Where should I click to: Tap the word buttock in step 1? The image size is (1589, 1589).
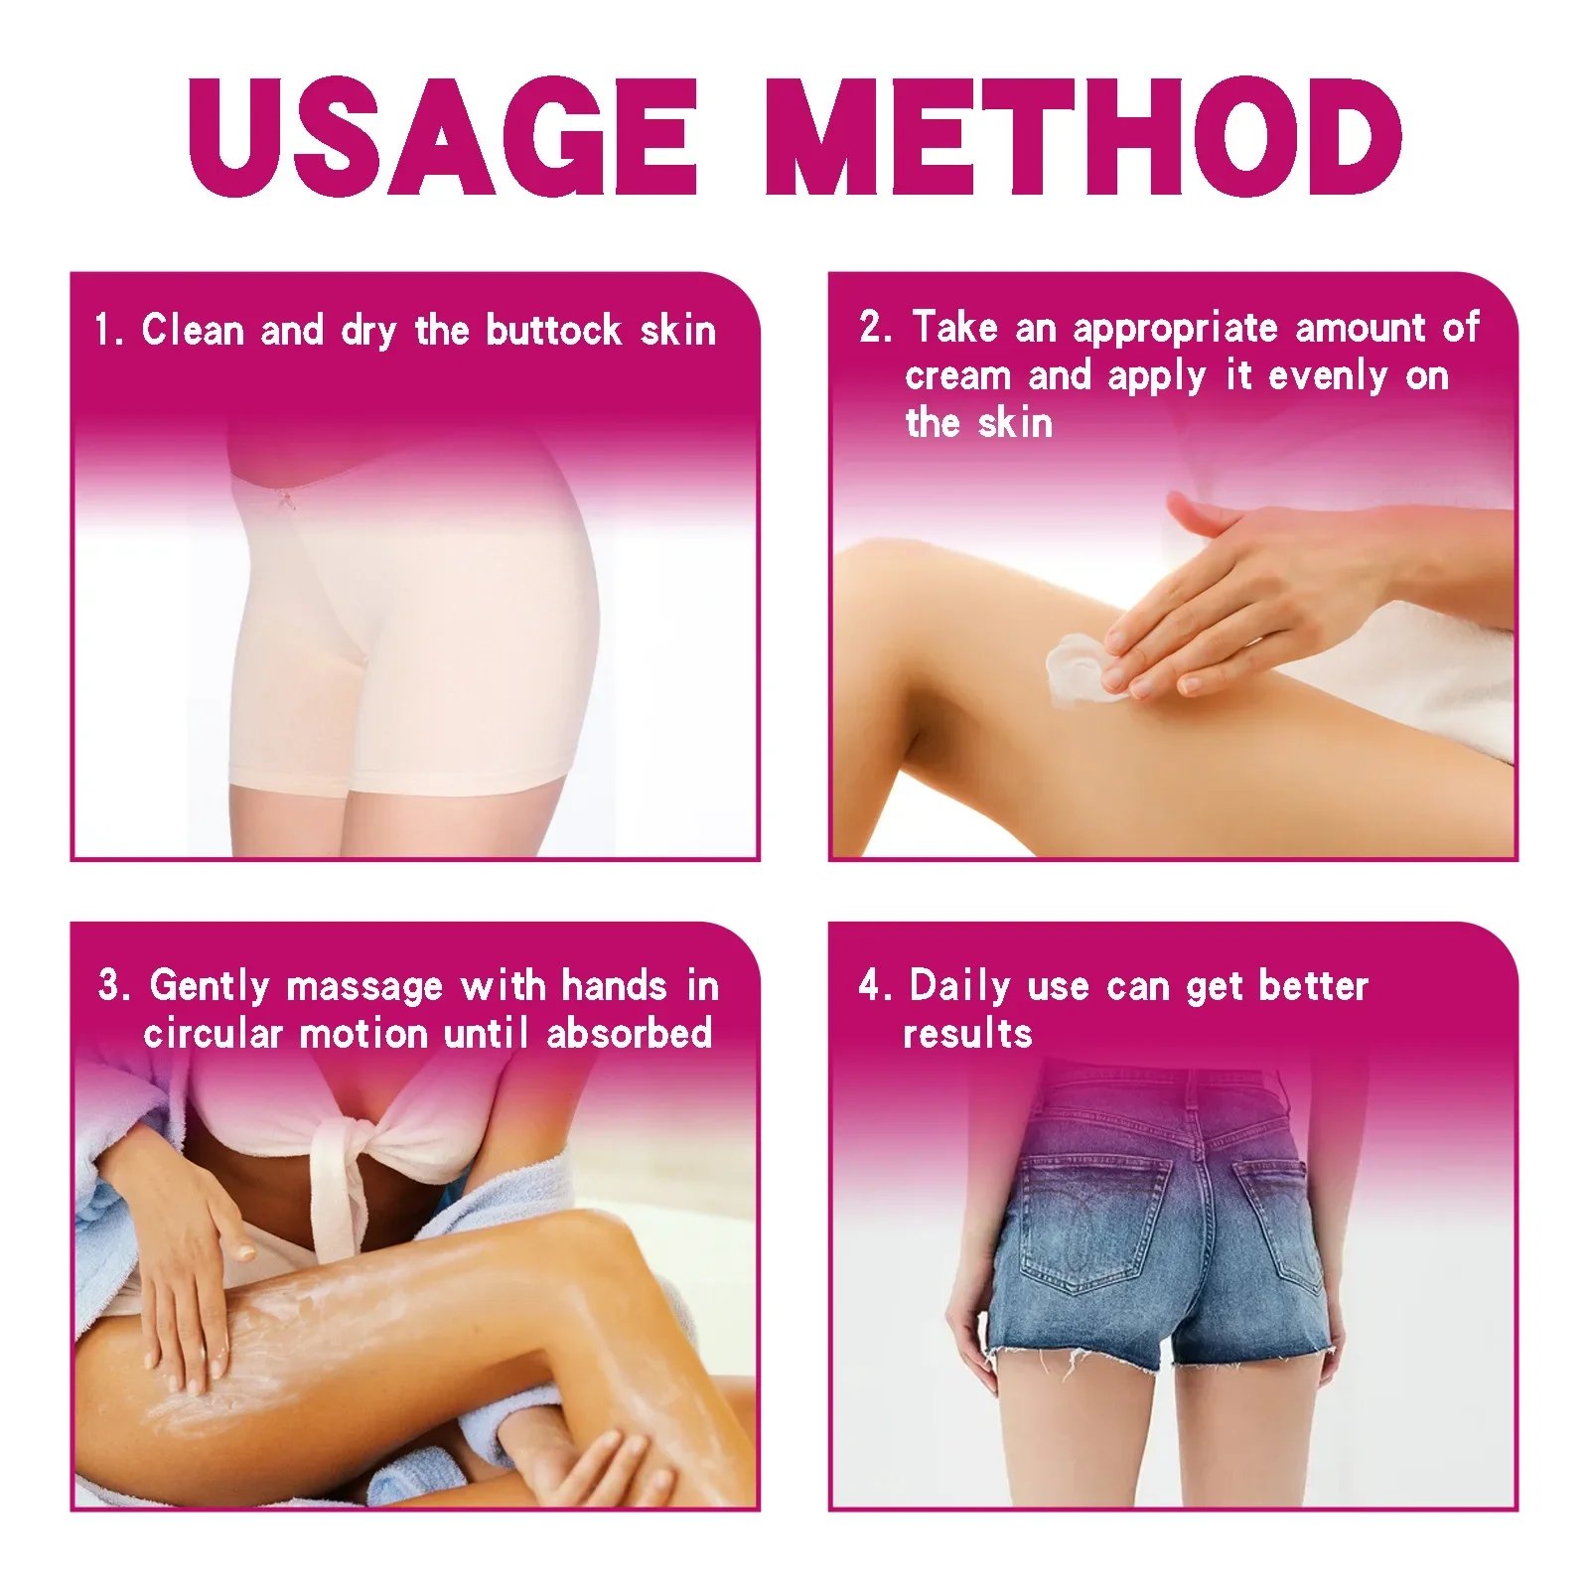click(x=553, y=330)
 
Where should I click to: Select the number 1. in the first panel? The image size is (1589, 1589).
click(x=107, y=330)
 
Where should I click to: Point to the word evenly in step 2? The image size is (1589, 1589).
click(x=1328, y=376)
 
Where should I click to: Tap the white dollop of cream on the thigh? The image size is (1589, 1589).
click(x=1077, y=668)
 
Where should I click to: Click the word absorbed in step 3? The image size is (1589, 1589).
click(x=630, y=1034)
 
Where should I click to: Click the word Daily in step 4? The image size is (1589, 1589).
click(x=959, y=986)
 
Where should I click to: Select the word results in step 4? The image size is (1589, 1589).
click(x=967, y=1034)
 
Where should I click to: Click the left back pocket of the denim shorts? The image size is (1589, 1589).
click(x=1092, y=1222)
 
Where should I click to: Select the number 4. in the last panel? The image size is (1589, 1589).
click(x=874, y=986)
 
